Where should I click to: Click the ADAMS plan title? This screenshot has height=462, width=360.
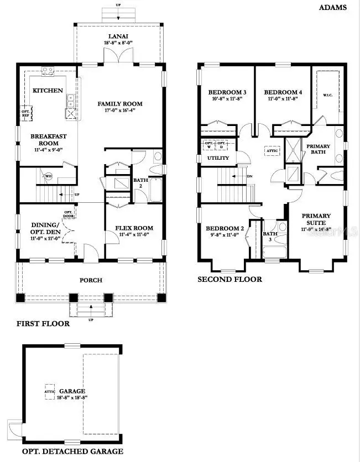point(333,7)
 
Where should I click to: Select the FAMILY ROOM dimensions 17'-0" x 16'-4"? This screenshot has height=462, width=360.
point(120,111)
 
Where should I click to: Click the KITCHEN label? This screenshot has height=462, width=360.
point(48,90)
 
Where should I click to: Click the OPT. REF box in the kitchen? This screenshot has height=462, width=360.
point(25,113)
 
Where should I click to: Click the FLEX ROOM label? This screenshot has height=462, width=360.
point(134,227)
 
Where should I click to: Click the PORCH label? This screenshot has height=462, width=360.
point(91,280)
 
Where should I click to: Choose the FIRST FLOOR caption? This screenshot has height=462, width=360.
point(43,323)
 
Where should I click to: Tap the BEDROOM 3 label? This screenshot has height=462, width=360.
point(227,92)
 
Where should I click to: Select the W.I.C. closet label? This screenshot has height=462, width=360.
point(327,95)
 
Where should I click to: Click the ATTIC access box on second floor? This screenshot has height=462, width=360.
point(272,150)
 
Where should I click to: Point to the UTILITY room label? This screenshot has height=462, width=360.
point(218,158)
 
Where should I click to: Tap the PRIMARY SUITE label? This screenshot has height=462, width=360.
point(316,219)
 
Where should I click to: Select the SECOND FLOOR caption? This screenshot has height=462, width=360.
point(229,279)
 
